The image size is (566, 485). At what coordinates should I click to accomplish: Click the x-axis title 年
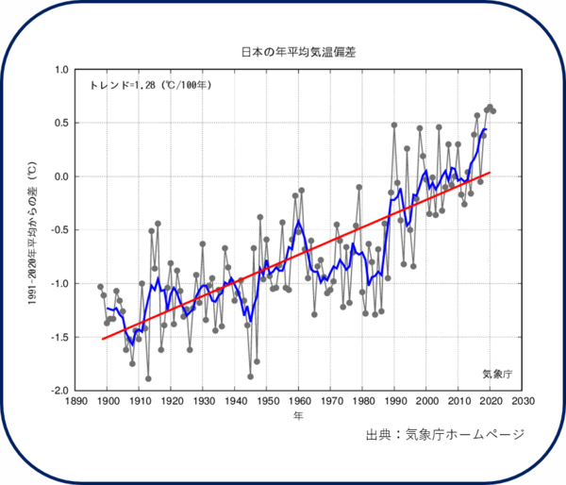coord(298,416)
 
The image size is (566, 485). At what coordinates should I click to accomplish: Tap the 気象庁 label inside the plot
coord(495,374)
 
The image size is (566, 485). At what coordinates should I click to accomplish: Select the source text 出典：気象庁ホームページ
coord(444,435)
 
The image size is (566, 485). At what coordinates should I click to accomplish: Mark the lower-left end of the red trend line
coord(102,339)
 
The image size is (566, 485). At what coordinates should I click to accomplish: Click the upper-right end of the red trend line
coord(491,173)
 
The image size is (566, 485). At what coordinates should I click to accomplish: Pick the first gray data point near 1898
coord(101,287)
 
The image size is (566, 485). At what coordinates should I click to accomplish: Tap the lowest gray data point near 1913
coord(148,378)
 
